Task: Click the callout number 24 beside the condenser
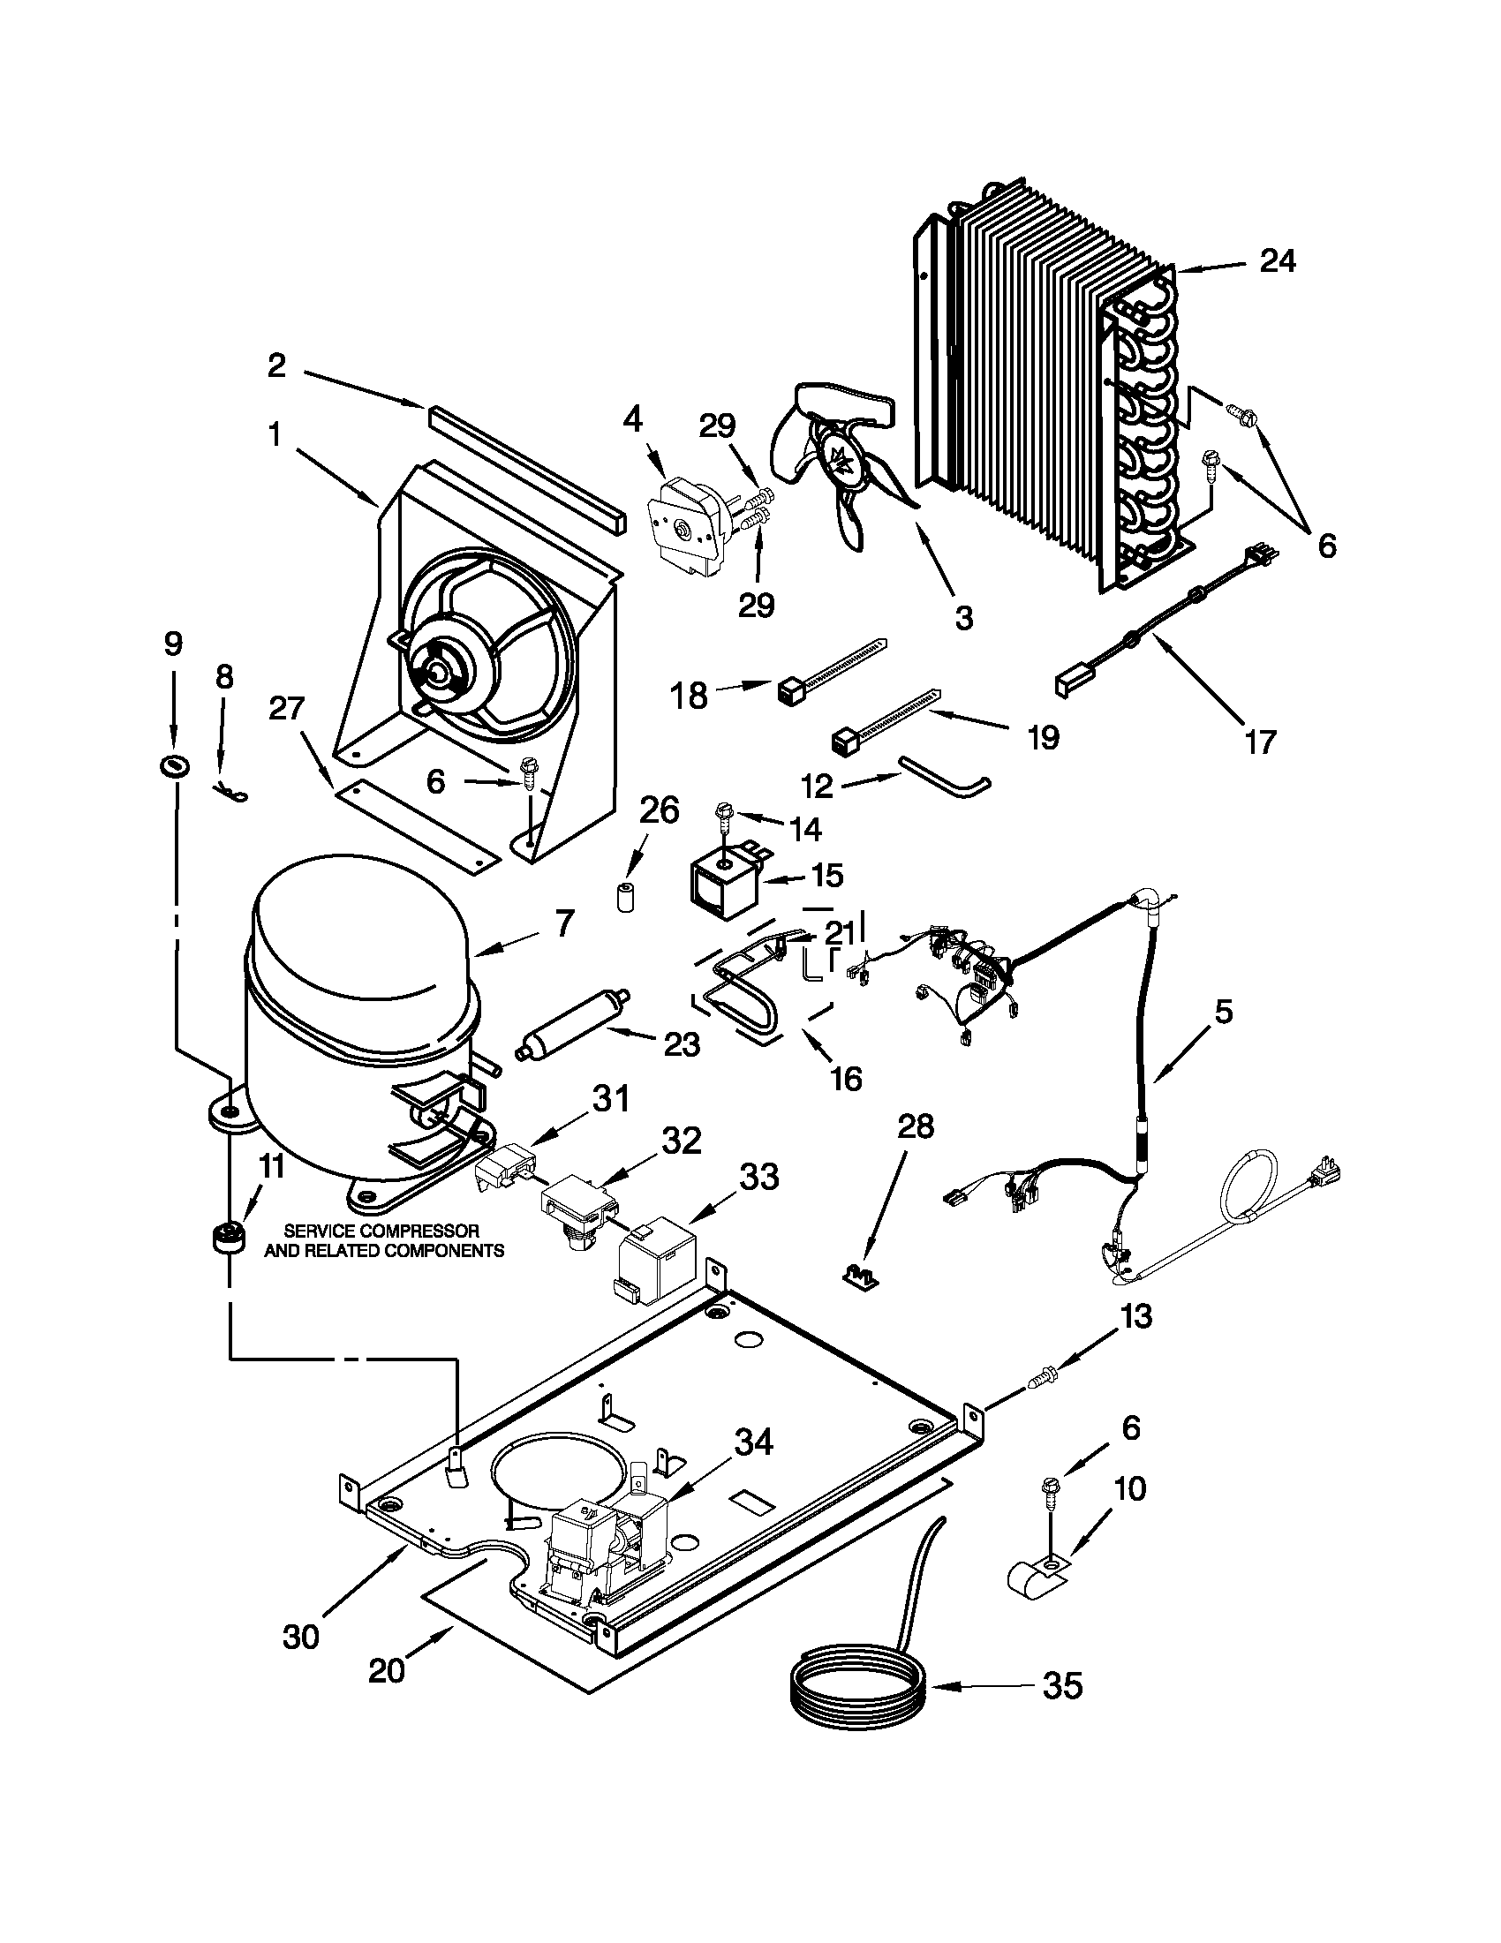pyautogui.click(x=1277, y=260)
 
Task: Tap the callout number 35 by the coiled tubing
pyautogui.click(x=1062, y=1685)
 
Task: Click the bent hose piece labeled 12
pyautogui.click(x=943, y=774)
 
